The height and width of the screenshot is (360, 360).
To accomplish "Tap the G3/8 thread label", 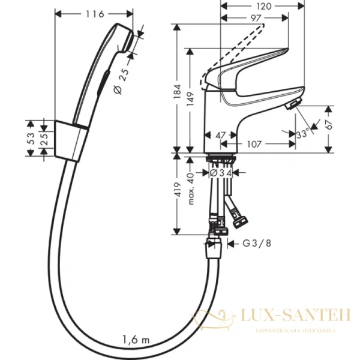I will tap(255, 244).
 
